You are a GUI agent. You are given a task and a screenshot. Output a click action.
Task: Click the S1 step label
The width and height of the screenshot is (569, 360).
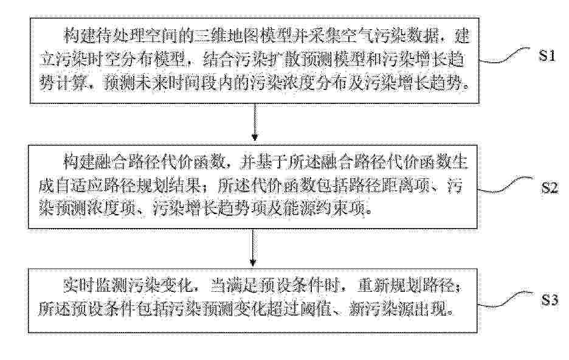(547, 55)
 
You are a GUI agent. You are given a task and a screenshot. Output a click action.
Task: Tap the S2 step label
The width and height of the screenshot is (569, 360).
(550, 187)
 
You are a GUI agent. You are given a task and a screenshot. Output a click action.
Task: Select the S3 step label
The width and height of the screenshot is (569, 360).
(550, 300)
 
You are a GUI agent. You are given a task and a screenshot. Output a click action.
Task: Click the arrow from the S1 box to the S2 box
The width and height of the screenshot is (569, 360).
(255, 122)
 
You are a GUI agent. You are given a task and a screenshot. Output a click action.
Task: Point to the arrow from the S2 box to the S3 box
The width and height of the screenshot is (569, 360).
(253, 248)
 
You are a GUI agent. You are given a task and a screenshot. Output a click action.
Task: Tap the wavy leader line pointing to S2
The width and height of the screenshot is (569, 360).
(506, 185)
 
